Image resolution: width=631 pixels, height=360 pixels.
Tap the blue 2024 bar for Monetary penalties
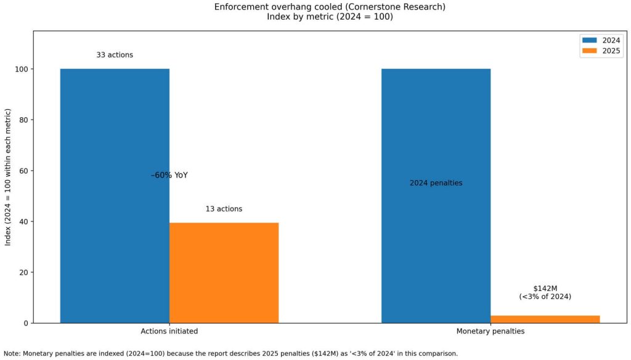click(x=436, y=247)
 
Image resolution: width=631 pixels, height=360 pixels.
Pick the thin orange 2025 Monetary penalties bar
click(x=545, y=319)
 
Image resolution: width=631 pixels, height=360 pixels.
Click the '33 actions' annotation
click(x=115, y=55)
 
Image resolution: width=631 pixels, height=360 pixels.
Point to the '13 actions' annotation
click(x=224, y=209)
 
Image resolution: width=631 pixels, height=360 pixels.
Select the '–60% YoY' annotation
click(x=169, y=175)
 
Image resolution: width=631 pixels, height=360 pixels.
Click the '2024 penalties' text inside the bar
click(x=436, y=183)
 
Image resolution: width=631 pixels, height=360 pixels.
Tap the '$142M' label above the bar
click(x=545, y=288)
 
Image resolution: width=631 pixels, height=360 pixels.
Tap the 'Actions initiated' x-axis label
click(x=169, y=332)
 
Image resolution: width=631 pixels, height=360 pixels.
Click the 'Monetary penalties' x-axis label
click(x=491, y=332)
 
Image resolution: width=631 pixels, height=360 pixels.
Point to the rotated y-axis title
click(x=9, y=179)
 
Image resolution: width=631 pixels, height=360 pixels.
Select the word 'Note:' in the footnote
click(x=12, y=354)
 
